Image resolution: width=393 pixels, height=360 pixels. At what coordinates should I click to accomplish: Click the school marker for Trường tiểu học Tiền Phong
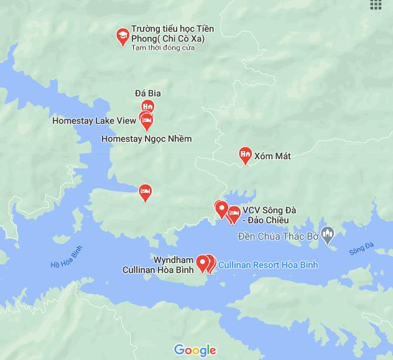123,36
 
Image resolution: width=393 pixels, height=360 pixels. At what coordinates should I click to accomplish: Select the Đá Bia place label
148,93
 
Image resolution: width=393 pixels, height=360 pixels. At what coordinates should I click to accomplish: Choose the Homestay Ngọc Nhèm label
146,139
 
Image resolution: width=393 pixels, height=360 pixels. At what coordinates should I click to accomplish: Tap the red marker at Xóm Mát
246,155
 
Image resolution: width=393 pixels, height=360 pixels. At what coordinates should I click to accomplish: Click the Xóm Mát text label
272,155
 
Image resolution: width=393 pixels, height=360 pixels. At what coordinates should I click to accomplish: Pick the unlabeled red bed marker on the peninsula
145,192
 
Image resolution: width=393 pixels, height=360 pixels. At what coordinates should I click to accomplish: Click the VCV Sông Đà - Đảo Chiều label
269,215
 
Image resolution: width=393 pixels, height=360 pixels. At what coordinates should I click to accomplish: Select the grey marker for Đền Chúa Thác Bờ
328,235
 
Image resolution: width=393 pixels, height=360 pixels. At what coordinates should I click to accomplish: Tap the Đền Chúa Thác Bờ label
278,236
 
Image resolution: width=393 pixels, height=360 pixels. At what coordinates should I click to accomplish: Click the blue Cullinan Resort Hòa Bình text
268,265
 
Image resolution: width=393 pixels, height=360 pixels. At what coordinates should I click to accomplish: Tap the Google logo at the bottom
195,351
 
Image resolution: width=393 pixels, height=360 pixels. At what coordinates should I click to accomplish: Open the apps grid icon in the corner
376,4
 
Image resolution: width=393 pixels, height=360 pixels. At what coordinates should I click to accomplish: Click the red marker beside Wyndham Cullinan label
202,263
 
